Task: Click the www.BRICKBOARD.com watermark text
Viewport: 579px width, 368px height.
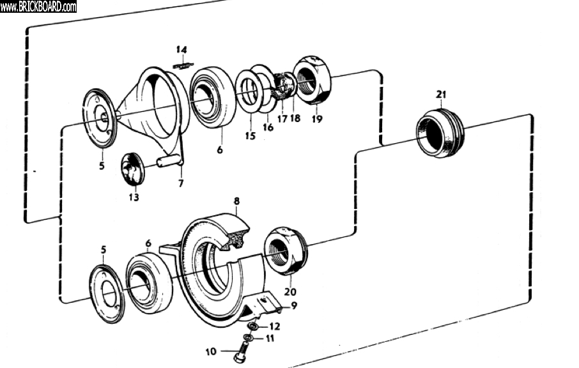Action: click(38, 6)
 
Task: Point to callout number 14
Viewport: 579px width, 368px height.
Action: click(182, 49)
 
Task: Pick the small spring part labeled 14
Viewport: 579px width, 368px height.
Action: click(183, 63)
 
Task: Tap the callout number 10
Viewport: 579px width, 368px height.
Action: click(212, 351)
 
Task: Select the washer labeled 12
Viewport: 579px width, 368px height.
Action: click(253, 326)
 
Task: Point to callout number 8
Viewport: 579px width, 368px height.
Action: click(236, 201)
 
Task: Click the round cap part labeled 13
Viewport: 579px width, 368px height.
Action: click(133, 169)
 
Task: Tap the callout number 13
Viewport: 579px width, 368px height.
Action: click(133, 197)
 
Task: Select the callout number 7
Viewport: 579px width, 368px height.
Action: click(181, 184)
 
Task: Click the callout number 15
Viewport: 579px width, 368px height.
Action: click(250, 135)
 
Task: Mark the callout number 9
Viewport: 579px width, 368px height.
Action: click(294, 305)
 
